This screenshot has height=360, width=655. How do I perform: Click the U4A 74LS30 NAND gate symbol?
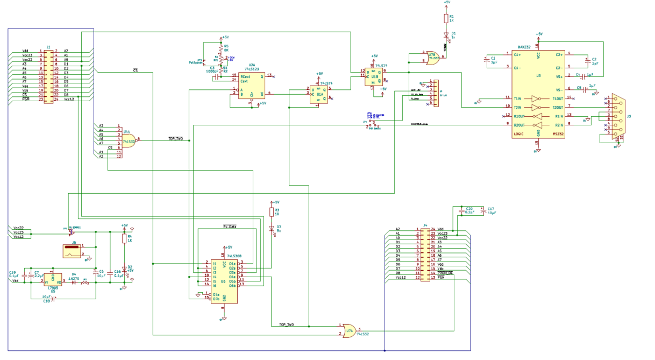tap(130, 142)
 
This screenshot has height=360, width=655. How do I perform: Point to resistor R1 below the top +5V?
tap(446, 19)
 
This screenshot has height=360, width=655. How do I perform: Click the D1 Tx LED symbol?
tap(446, 35)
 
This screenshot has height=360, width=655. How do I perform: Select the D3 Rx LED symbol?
tap(272, 228)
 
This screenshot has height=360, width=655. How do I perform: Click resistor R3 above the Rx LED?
tap(272, 212)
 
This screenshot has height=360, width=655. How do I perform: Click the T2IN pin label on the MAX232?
tap(519, 107)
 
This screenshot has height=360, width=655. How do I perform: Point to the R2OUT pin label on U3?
tap(520, 125)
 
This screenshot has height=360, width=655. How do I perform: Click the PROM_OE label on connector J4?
tap(446, 273)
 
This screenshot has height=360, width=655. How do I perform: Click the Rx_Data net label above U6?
tap(230, 227)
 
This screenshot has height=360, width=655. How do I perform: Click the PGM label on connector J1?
tap(25, 99)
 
